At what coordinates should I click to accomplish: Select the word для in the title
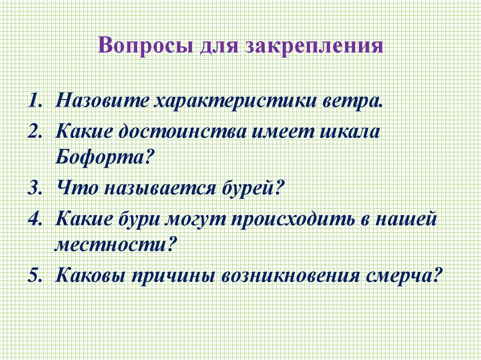click(x=219, y=48)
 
